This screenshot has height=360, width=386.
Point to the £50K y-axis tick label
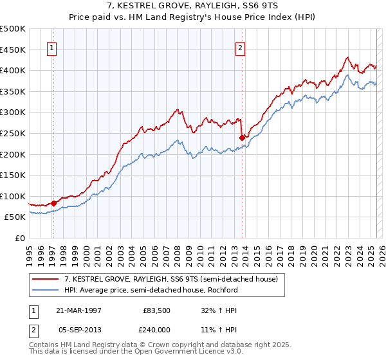point(15,217)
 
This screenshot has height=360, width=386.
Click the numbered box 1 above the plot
point(51,47)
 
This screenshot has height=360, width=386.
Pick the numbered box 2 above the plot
point(240,47)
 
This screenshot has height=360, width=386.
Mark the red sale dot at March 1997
point(54,203)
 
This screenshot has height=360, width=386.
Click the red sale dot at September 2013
point(242,137)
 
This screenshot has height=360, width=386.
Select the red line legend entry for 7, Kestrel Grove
point(170,279)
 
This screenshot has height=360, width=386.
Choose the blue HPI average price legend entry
point(151,290)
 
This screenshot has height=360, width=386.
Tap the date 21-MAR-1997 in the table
point(78,309)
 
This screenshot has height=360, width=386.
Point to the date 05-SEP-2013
point(78,328)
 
